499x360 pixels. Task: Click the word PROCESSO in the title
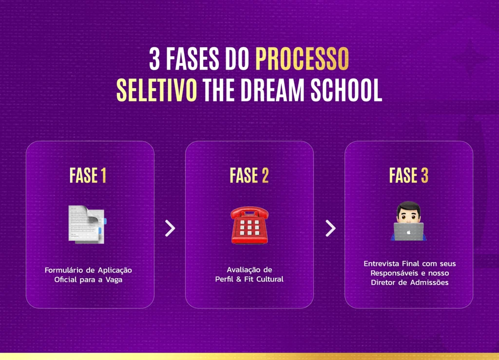point(302,59)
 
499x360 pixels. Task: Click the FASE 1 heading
point(88,176)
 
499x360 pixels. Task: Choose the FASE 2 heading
point(249,176)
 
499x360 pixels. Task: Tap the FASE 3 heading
point(408,176)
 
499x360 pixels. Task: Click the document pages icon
point(87,224)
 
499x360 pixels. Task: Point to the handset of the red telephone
point(249,212)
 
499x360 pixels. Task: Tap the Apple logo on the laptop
point(409,232)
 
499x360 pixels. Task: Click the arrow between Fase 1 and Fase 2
point(170,228)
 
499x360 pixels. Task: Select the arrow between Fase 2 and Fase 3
point(330,228)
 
